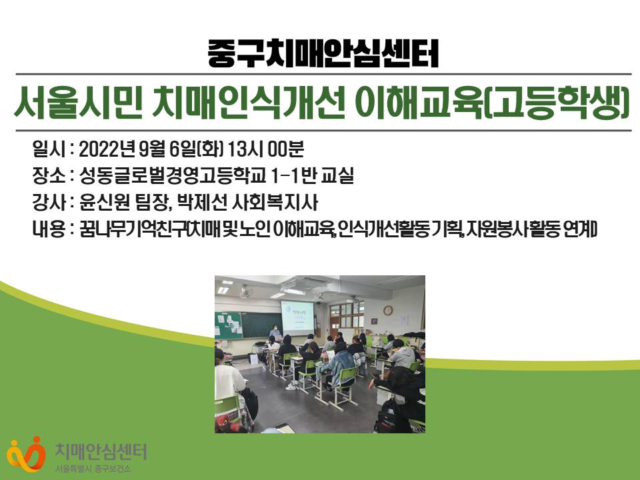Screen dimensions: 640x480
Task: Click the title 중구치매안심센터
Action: [323, 53]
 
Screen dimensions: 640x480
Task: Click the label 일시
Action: [49, 149]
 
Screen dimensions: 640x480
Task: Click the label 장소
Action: [49, 175]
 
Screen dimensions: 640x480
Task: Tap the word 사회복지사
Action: [275, 203]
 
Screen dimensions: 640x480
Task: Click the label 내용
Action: [49, 229]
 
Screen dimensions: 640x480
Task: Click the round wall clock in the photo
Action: [388, 311]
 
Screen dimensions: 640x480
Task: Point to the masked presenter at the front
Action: [275, 332]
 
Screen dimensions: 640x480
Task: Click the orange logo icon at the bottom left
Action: [26, 454]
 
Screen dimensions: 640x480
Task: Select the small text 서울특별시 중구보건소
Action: [93, 469]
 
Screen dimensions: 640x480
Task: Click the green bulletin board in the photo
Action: [228, 325]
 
